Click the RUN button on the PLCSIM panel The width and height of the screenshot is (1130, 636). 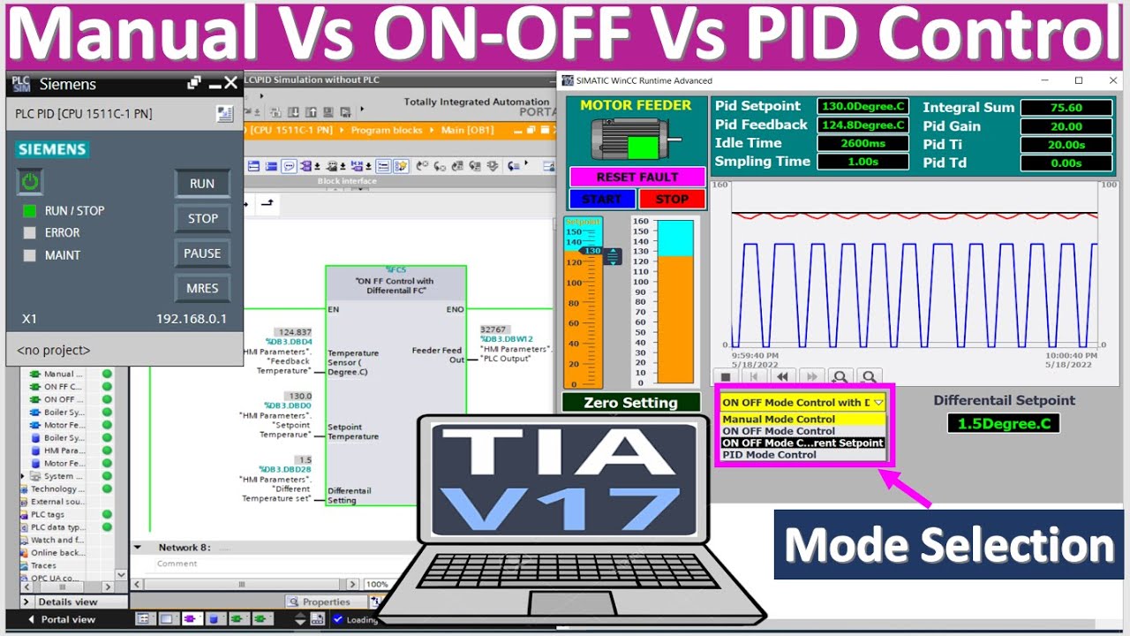pos(202,184)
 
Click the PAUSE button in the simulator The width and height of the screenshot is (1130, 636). pos(202,254)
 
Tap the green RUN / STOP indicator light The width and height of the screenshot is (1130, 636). pos(30,210)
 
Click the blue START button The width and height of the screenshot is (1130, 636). pos(602,199)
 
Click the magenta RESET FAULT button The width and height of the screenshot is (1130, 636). pos(637,177)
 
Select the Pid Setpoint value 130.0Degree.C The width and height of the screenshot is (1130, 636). pos(863,106)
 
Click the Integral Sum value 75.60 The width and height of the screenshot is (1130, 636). pos(1066,108)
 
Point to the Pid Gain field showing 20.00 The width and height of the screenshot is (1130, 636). pos(1066,126)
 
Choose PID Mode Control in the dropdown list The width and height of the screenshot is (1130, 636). pos(770,455)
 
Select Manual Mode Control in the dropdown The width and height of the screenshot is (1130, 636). pos(779,420)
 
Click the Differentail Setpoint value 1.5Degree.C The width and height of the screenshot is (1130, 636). pos(1004,423)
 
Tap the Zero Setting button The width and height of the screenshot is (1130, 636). pos(630,403)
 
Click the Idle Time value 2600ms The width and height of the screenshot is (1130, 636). pos(863,143)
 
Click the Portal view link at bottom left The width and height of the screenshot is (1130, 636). pos(67,619)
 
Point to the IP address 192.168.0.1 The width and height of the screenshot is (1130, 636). pos(192,319)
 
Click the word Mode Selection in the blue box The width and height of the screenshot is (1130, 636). pos(950,545)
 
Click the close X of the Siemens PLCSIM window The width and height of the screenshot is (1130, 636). pos(230,83)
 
